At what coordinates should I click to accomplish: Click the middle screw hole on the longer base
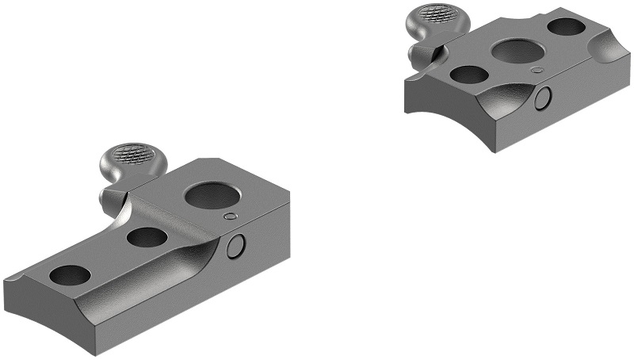[146, 236]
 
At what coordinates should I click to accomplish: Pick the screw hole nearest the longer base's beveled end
[70, 275]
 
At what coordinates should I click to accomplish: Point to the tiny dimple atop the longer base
[230, 216]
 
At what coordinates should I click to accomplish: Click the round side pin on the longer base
[236, 248]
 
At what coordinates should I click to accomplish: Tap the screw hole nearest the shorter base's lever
[468, 75]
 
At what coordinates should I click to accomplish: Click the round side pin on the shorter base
[543, 98]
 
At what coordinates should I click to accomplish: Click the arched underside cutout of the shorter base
[444, 119]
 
